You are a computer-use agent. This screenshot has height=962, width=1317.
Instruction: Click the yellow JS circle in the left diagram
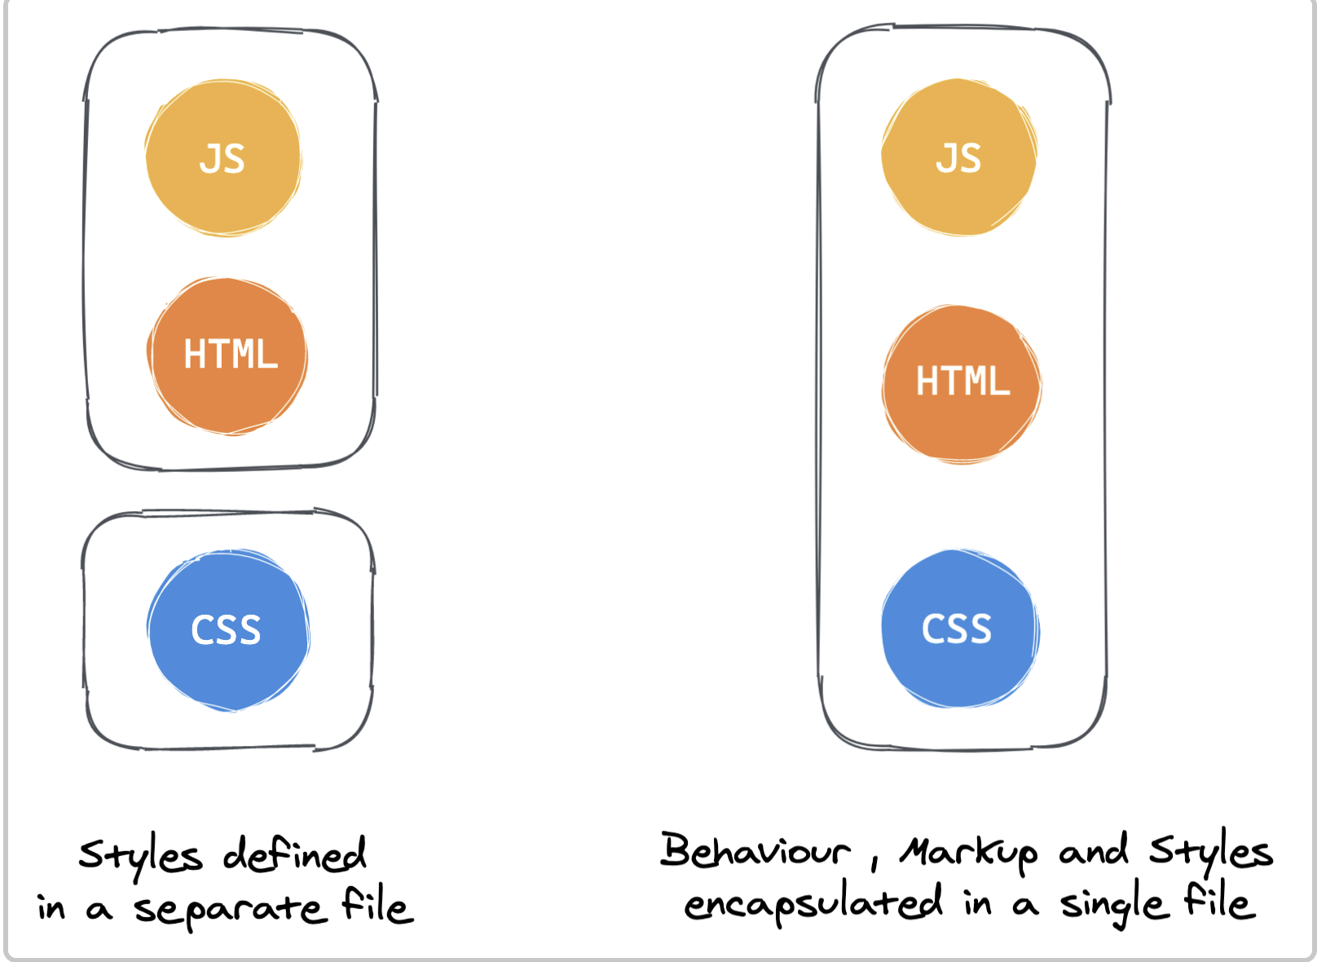point(223,157)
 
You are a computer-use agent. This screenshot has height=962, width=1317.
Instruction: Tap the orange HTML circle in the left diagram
point(227,355)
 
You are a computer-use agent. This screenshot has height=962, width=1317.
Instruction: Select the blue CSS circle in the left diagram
point(228,629)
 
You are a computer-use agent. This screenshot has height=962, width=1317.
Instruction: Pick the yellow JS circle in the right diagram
point(959,157)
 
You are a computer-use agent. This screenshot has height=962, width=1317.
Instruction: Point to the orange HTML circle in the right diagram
point(962,384)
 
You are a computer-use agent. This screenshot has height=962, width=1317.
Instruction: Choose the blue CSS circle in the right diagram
point(961,628)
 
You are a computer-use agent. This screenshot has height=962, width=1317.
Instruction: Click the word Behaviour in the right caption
point(755,850)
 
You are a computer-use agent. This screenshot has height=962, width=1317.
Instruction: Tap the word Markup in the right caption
point(968,854)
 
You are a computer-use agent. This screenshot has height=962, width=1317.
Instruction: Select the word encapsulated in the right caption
point(813,903)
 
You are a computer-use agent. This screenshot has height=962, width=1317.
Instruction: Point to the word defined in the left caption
point(295,854)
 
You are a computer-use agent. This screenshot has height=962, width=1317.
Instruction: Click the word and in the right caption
point(1094,849)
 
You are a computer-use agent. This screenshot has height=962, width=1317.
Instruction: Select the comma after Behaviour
point(874,863)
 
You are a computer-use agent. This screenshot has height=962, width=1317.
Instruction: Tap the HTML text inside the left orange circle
point(231,353)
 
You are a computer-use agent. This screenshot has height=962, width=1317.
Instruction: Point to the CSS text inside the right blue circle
point(957,629)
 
